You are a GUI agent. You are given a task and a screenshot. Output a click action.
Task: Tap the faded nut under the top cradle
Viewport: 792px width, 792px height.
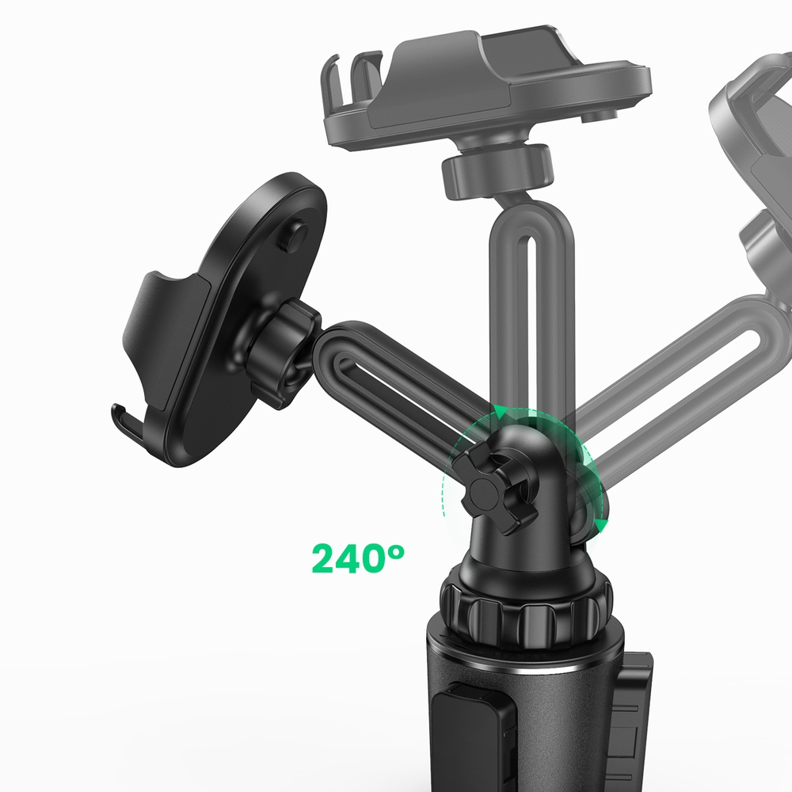pos(496,171)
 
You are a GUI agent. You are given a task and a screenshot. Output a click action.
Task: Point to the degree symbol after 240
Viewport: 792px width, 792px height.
pos(394,548)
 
